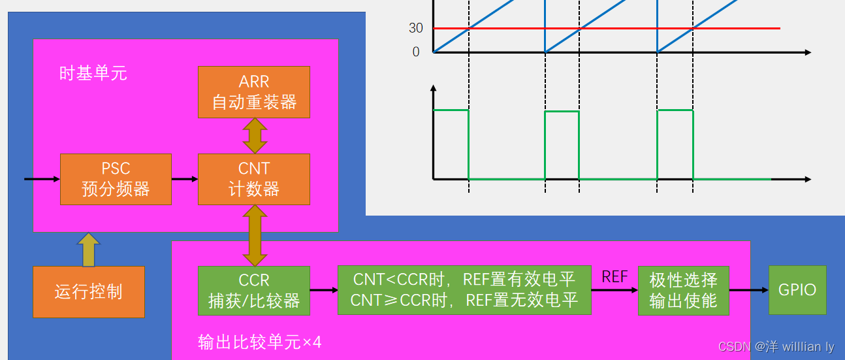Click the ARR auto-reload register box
(x=254, y=92)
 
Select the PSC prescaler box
(x=116, y=180)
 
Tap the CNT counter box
(x=254, y=180)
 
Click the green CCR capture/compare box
(x=254, y=291)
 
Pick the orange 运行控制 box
(x=89, y=291)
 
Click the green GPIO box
(x=797, y=290)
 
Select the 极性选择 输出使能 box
(x=683, y=291)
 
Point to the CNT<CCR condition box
(x=464, y=290)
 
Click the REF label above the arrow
(x=614, y=277)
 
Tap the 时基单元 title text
(x=93, y=73)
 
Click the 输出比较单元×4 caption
(x=260, y=342)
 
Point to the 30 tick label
(x=416, y=28)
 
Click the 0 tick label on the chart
(x=416, y=52)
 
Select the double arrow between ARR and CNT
(x=254, y=137)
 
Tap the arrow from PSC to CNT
(x=185, y=179)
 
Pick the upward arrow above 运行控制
(x=89, y=250)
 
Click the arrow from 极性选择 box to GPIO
(x=749, y=290)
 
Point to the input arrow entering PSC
(x=42, y=178)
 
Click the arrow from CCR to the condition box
(x=323, y=290)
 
